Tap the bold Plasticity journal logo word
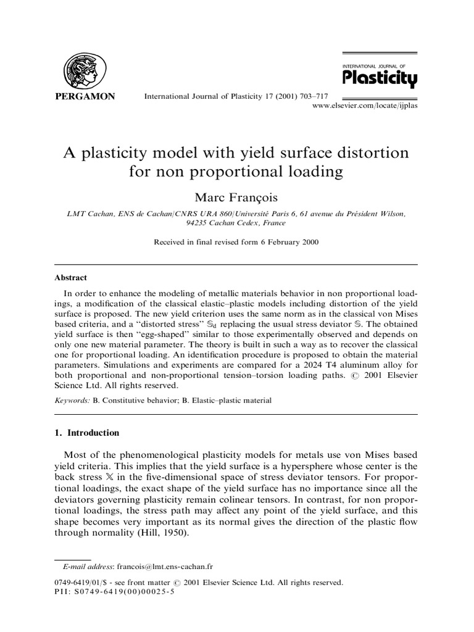[380, 78]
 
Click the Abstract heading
[72, 278]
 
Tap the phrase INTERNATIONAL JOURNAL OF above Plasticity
[379, 64]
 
